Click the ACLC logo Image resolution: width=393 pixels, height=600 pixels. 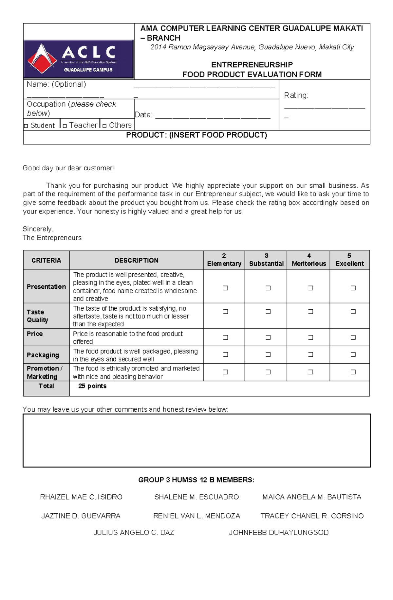point(79,59)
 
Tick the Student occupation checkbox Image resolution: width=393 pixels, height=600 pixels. point(26,126)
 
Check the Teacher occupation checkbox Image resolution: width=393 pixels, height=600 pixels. point(65,126)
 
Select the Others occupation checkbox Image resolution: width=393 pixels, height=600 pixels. point(104,126)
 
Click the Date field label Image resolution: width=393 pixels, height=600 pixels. point(143,115)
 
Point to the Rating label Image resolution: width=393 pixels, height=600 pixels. point(296,95)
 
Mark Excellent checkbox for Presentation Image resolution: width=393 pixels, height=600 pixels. point(353,288)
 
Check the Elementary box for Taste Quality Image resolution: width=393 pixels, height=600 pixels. point(225,312)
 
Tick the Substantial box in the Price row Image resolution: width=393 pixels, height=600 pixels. point(268,337)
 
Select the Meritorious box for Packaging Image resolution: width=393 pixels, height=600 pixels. point(310,354)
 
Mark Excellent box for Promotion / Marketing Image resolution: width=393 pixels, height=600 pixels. point(353,372)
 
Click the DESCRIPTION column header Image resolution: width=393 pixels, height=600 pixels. point(136,260)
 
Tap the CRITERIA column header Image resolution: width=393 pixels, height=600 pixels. point(46,260)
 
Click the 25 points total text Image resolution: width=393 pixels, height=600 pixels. point(92,386)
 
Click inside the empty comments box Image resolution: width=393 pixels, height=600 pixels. point(196,440)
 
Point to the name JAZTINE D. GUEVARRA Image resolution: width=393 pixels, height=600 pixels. point(81,516)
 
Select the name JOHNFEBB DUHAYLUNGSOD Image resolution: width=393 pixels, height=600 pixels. point(278,533)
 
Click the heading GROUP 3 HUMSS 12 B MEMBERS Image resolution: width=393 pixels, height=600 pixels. point(196,480)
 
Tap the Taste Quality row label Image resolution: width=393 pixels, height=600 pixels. point(37,316)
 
